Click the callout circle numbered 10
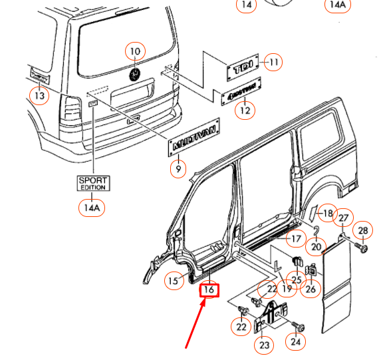point(135,51)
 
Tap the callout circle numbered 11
point(273,63)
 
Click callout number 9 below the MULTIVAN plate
point(178,170)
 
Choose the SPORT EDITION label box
point(92,184)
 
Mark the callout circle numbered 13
point(41,96)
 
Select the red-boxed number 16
point(209,289)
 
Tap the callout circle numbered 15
point(174,281)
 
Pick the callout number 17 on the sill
point(295,238)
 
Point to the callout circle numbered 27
point(343,219)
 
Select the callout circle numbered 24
point(295,342)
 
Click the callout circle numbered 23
point(265,345)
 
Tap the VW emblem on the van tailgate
point(135,73)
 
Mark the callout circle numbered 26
point(311,288)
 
